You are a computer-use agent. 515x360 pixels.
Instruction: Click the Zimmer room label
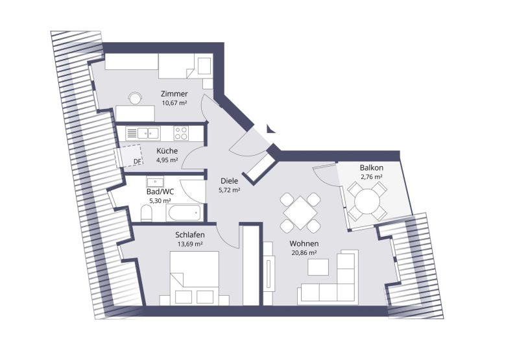point(174,94)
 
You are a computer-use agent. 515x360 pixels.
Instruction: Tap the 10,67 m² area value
point(174,102)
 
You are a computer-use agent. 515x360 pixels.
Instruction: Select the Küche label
point(167,151)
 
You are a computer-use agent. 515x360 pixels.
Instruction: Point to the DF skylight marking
point(138,161)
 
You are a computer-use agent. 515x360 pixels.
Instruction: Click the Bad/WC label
point(160,192)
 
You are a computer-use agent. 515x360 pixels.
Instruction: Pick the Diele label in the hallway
point(229,181)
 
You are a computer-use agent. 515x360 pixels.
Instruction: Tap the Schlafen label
point(190,235)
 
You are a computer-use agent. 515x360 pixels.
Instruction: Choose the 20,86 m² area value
point(304,252)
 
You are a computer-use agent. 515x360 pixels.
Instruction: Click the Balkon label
point(371,168)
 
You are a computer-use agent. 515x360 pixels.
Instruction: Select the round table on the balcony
point(367,201)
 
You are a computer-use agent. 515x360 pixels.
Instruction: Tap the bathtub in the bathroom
point(184,213)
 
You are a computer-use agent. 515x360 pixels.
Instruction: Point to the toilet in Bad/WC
point(146,213)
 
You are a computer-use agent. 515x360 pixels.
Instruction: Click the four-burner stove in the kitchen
point(181,134)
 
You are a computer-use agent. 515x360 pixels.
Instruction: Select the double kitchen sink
point(149,134)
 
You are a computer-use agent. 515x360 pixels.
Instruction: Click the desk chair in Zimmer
point(135,98)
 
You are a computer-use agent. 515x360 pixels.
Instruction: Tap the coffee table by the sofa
point(318,267)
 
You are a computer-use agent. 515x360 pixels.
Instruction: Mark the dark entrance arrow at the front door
point(270,128)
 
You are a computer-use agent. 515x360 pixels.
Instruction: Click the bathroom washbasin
point(156,182)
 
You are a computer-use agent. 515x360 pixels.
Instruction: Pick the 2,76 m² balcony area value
point(371,176)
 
